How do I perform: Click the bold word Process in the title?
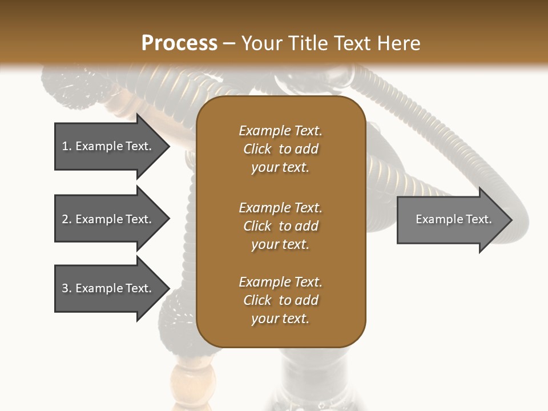179,43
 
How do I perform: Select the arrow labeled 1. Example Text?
108,146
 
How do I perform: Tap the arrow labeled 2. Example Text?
108,219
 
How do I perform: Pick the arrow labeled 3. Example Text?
108,288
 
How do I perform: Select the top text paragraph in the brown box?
280,149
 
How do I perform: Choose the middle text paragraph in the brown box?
280,225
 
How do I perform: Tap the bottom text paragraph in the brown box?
280,300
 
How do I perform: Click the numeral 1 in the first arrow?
65,146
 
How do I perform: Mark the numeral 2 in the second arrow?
65,219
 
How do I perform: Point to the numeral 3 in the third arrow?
65,288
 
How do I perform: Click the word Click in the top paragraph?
257,149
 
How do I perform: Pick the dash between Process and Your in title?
229,44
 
